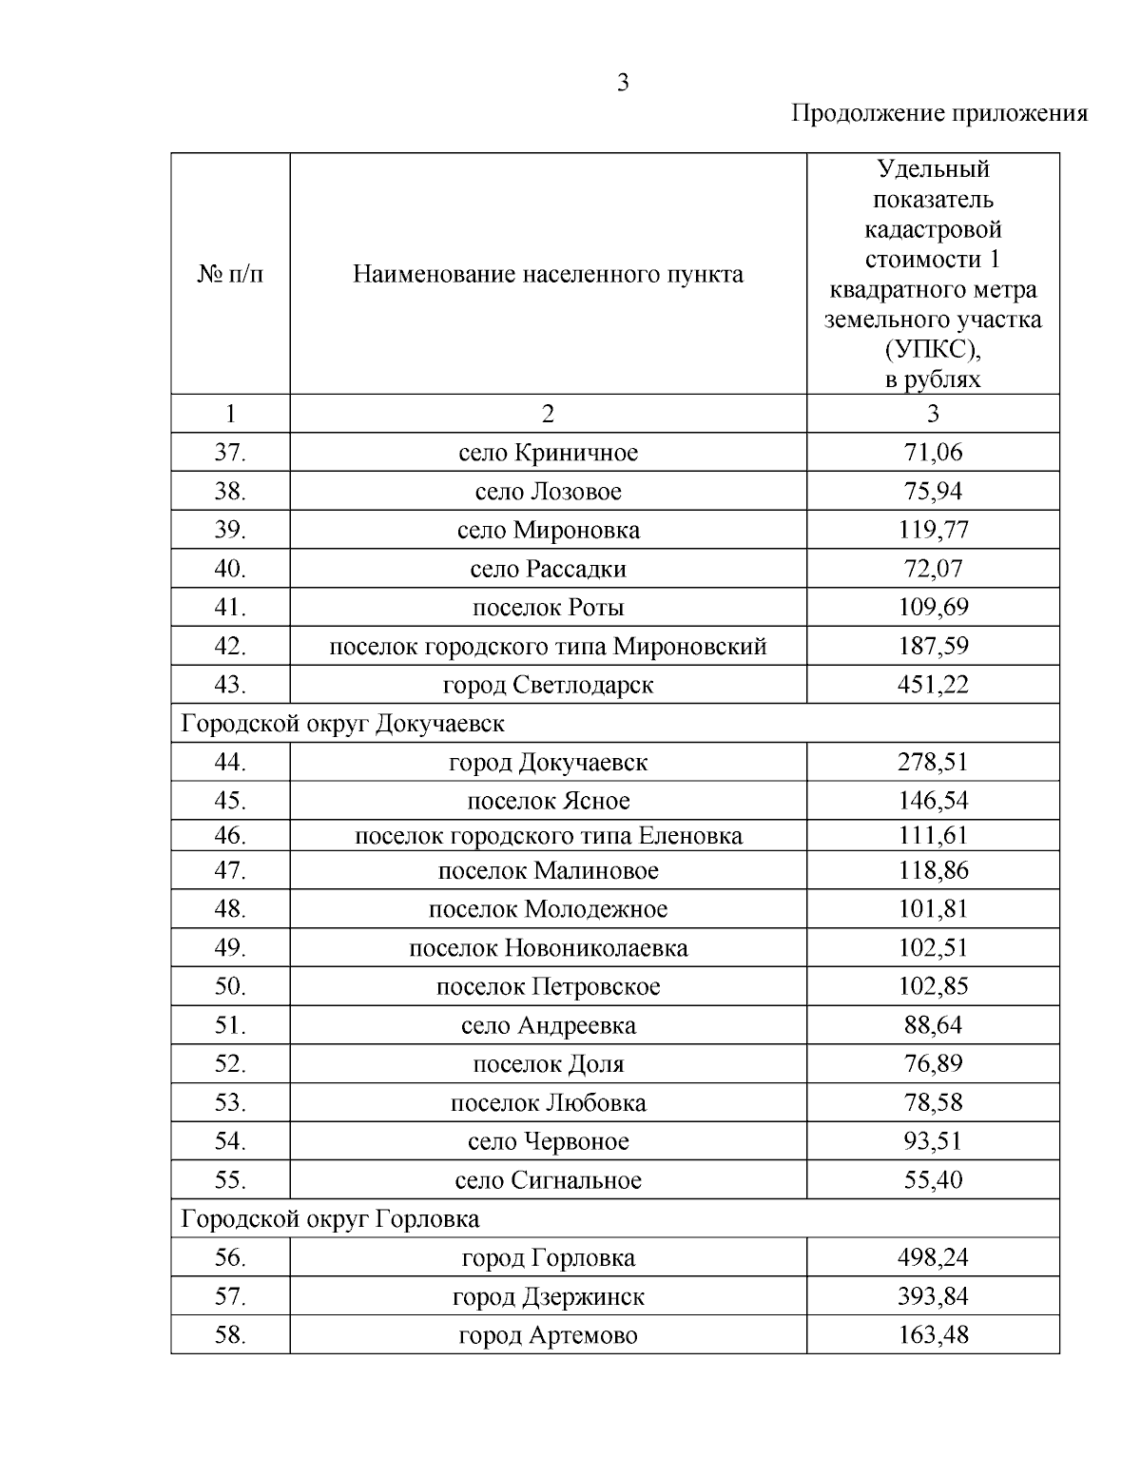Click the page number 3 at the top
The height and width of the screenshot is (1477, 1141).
click(x=622, y=83)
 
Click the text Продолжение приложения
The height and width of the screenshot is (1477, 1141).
click(x=938, y=114)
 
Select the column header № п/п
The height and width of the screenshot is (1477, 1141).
click(x=230, y=275)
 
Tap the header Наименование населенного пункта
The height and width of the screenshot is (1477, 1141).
click(x=548, y=275)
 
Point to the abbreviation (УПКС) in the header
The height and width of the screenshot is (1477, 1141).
click(x=932, y=350)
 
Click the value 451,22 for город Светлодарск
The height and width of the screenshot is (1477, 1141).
click(x=932, y=685)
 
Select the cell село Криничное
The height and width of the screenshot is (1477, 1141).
click(x=548, y=453)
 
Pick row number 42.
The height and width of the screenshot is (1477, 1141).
click(x=230, y=647)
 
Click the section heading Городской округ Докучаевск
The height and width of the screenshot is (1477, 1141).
click(x=343, y=724)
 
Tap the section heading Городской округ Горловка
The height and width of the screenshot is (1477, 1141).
click(x=330, y=1219)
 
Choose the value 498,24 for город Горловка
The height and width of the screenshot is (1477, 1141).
click(x=932, y=1258)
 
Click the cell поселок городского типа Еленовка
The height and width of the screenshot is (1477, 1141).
click(x=548, y=836)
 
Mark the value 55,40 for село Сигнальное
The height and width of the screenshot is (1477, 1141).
click(x=932, y=1180)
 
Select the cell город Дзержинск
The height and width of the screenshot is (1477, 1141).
click(x=548, y=1297)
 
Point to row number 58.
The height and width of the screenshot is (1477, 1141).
click(x=230, y=1335)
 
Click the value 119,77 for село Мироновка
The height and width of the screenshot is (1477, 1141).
click(x=932, y=530)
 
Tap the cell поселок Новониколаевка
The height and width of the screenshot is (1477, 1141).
click(x=548, y=948)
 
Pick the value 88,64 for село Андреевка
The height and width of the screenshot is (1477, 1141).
click(x=932, y=1025)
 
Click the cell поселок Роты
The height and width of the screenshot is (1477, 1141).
click(x=548, y=608)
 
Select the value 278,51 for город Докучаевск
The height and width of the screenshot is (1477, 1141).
click(x=932, y=763)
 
